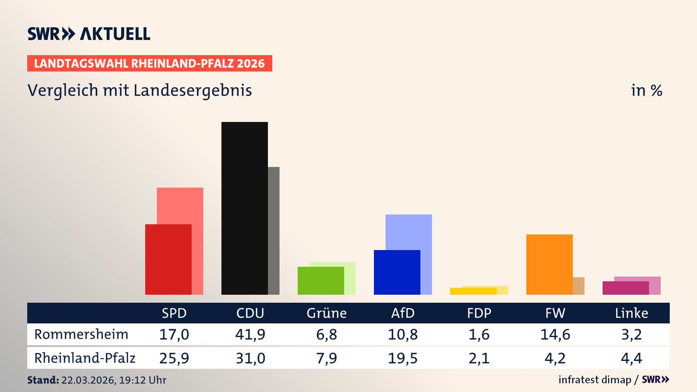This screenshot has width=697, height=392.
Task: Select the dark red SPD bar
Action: (x=168, y=259)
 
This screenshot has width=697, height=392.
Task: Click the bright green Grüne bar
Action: (x=321, y=281)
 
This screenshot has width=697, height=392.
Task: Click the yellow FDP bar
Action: (x=473, y=291)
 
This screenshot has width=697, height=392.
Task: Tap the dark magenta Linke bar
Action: (x=625, y=288)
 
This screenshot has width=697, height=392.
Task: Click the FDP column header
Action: (x=479, y=313)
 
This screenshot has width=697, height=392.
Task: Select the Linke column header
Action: (x=631, y=313)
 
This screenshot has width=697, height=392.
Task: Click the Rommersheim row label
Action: (x=81, y=334)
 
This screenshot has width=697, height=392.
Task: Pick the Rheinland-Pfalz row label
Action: (x=85, y=358)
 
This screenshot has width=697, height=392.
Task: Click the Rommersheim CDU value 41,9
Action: (x=250, y=334)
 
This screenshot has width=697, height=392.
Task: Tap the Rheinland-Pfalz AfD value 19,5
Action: (x=403, y=358)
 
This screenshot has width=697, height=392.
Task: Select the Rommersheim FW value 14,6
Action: (x=555, y=334)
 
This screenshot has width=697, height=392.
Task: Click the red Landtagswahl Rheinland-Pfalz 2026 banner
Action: (x=150, y=63)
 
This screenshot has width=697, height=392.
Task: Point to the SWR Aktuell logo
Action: (x=89, y=34)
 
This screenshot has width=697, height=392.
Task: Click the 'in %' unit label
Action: (x=646, y=90)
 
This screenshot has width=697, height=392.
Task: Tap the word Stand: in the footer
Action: (x=43, y=380)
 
